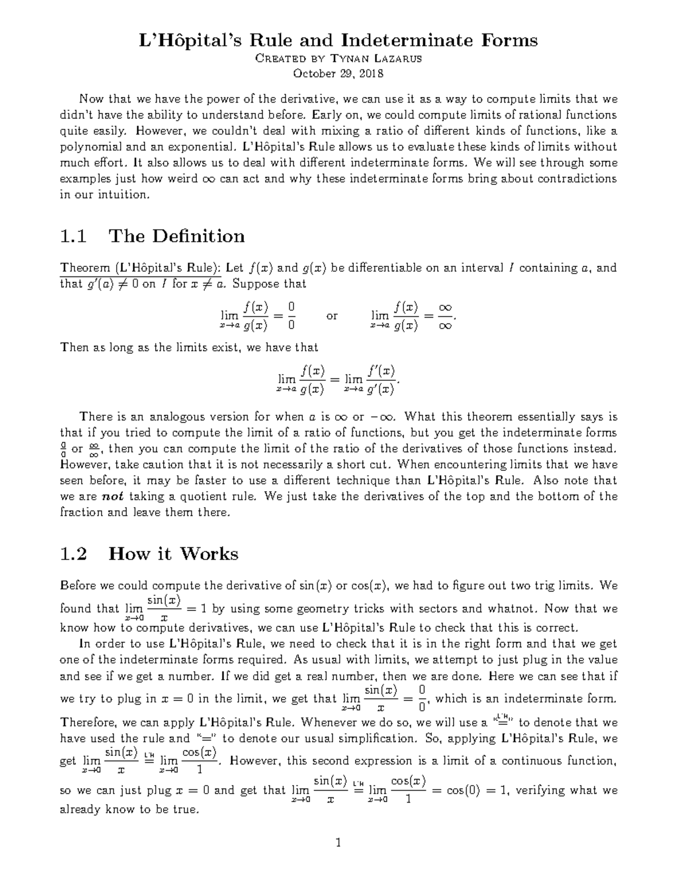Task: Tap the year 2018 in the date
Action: click(370, 73)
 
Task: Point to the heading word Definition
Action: click(177, 236)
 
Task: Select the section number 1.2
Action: click(73, 554)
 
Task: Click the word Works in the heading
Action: click(209, 554)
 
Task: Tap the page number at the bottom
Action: click(338, 844)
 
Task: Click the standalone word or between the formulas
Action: click(332, 316)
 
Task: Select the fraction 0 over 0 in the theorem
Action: click(291, 316)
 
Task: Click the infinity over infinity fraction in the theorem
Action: click(445, 316)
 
